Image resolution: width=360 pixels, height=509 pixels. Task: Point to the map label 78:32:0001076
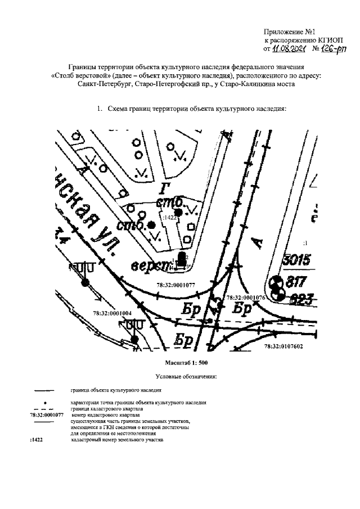pyautogui.click(x=245, y=296)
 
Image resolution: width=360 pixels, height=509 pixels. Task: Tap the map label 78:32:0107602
pyautogui.click(x=283, y=347)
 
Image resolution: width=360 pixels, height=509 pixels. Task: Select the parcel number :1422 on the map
pyautogui.click(x=167, y=216)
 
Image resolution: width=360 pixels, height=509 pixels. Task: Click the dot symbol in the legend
pyautogui.click(x=44, y=403)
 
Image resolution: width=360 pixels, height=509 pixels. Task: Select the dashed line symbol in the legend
pyautogui.click(x=44, y=409)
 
